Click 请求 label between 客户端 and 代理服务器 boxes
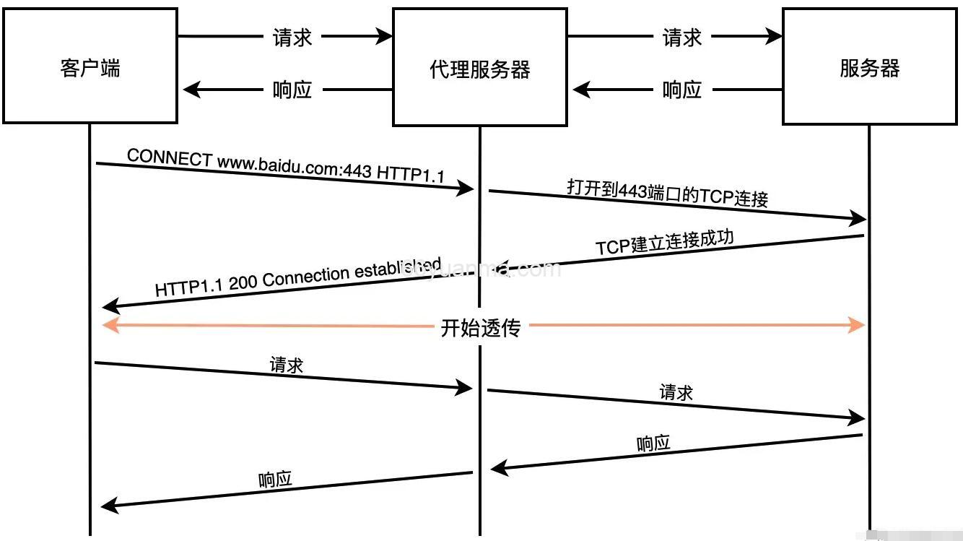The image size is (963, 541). click(x=292, y=37)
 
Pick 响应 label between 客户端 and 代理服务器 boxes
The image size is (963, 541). click(x=292, y=90)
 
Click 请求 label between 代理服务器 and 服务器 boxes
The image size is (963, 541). click(x=682, y=37)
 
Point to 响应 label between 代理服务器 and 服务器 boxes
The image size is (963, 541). click(x=682, y=90)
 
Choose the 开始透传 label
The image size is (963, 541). click(x=480, y=328)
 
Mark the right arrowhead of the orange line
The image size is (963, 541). click(x=858, y=325)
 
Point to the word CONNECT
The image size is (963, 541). click(x=169, y=157)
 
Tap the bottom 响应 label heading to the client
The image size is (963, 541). click(x=275, y=480)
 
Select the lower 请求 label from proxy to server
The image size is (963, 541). click(x=676, y=392)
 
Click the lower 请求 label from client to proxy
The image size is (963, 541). click(x=287, y=365)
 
